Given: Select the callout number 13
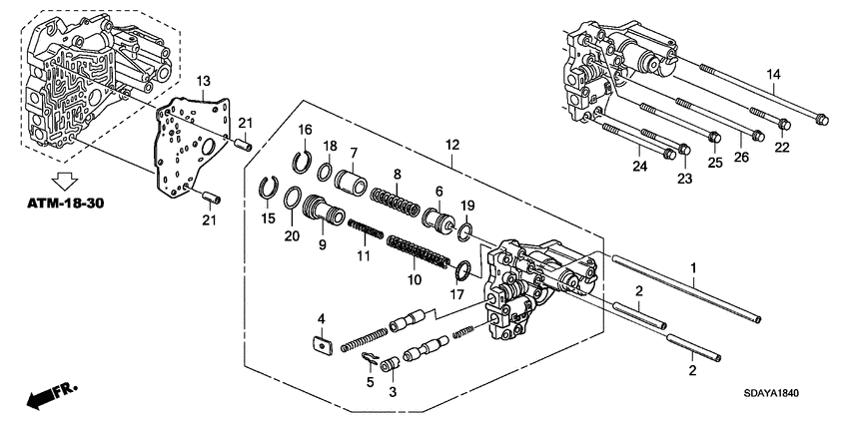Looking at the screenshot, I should (202, 79).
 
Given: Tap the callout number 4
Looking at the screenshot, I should (321, 318).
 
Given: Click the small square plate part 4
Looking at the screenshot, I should (322, 345).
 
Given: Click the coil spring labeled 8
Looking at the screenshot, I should (398, 198).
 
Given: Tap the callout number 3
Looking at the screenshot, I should (393, 392).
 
